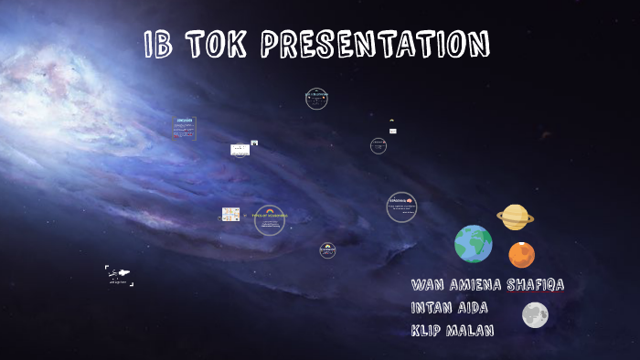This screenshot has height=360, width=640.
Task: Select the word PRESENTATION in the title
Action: pyautogui.click(x=375, y=45)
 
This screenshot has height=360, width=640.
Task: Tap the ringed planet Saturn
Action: pyautogui.click(x=516, y=217)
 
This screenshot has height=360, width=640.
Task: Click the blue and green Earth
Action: pyautogui.click(x=474, y=244)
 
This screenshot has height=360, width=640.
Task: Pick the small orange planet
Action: pyautogui.click(x=521, y=254)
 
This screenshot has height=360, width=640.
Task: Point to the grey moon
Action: pyautogui.click(x=535, y=315)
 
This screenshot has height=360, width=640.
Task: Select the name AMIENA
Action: pyautogui.click(x=484, y=285)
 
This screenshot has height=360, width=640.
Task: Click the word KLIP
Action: pyautogui.click(x=428, y=331)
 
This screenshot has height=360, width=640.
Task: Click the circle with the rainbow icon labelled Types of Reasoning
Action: pyautogui.click(x=270, y=219)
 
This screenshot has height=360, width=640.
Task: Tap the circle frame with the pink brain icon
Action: pyautogui.click(x=401, y=206)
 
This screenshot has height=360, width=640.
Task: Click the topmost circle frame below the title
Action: pyautogui.click(x=316, y=99)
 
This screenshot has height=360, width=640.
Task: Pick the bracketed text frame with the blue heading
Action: pyautogui.click(x=184, y=128)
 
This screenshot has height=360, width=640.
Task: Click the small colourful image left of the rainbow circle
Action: pyautogui.click(x=230, y=215)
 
